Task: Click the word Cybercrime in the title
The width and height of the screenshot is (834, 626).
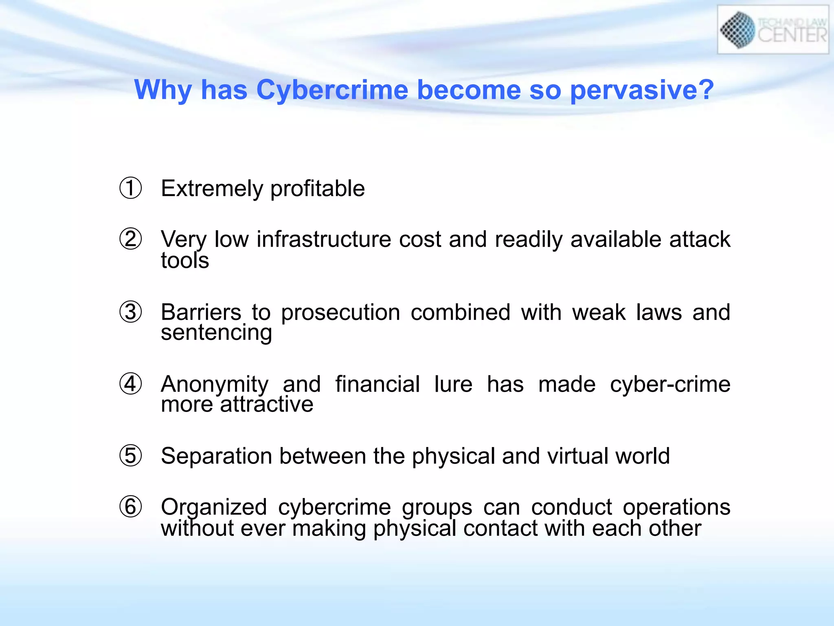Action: pyautogui.click(x=332, y=90)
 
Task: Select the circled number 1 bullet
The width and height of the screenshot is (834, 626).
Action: pyautogui.click(x=131, y=188)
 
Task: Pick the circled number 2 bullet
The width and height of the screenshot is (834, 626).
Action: pyautogui.click(x=131, y=239)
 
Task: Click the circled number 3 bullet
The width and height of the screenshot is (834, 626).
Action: pyautogui.click(x=131, y=312)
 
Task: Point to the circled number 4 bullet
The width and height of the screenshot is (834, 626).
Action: pyautogui.click(x=131, y=384)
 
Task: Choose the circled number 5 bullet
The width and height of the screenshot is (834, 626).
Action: pyautogui.click(x=131, y=456)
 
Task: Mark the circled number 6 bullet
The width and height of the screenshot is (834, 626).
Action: pyautogui.click(x=131, y=507)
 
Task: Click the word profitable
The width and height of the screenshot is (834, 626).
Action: pyautogui.click(x=317, y=189)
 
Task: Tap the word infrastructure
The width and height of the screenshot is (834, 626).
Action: pyautogui.click(x=324, y=239)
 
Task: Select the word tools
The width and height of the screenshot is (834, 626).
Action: pyautogui.click(x=184, y=260)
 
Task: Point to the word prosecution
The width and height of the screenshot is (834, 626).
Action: pyautogui.click(x=340, y=313)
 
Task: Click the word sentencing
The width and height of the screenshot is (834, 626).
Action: pyautogui.click(x=216, y=333)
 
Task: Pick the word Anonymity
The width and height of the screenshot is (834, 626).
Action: pyautogui.click(x=215, y=385)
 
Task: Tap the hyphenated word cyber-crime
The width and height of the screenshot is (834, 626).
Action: pyautogui.click(x=670, y=384)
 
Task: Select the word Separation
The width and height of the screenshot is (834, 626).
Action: pyautogui.click(x=216, y=456)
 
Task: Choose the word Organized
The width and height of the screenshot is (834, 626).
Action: pyautogui.click(x=214, y=508)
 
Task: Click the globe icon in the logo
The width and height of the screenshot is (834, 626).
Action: pyautogui.click(x=737, y=30)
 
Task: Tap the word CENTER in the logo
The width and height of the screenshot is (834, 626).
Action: pyautogui.click(x=792, y=35)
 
